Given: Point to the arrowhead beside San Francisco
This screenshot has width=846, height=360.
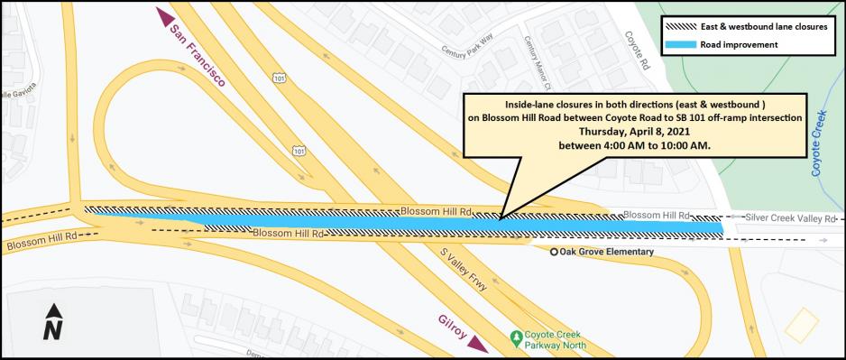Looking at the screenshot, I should tap(164, 16).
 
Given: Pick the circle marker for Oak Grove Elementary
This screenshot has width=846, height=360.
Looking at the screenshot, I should tap(555, 252).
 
